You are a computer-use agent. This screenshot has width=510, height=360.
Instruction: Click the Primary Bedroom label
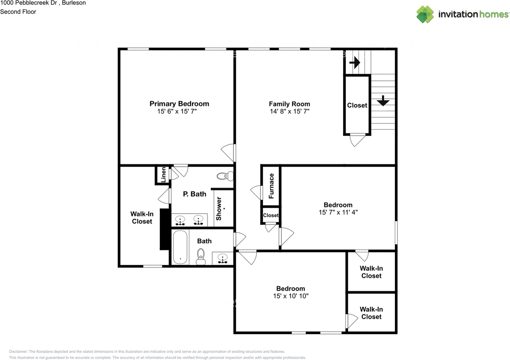pyautogui.click(x=179, y=104)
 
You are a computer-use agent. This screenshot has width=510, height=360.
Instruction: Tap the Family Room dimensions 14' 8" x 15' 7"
pyautogui.click(x=289, y=112)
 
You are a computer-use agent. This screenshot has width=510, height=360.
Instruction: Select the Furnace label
pyautogui.click(x=271, y=186)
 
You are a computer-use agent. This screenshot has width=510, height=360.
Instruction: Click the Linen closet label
pyautogui.click(x=163, y=175)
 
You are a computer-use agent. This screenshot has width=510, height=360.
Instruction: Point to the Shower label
pyautogui.click(x=219, y=209)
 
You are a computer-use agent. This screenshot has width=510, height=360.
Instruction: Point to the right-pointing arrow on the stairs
pyautogui.click(x=355, y=63)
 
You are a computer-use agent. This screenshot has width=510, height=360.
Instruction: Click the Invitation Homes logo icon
pyautogui.click(x=425, y=14)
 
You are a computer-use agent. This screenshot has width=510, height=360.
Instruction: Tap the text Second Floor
pyautogui.click(x=18, y=12)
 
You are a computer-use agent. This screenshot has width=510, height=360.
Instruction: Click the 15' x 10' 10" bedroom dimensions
pyautogui.click(x=290, y=296)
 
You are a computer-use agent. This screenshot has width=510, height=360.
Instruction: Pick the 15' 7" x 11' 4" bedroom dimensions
pyautogui.click(x=338, y=212)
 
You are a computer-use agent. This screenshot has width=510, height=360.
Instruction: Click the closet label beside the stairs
pyautogui.click(x=357, y=105)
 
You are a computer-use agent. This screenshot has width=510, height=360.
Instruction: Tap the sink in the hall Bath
pyautogui.click(x=222, y=258)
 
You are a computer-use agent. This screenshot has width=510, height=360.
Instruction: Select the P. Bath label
pyautogui.click(x=194, y=194)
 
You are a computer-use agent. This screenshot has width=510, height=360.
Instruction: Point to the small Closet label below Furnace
pyautogui.click(x=271, y=215)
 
